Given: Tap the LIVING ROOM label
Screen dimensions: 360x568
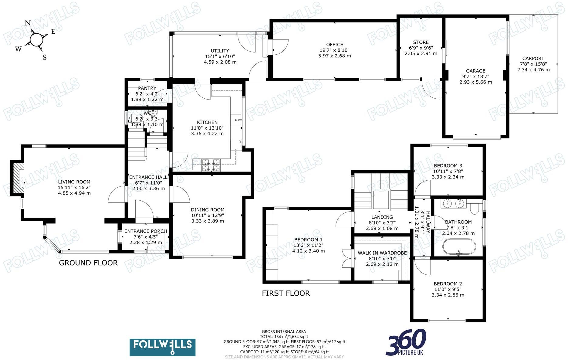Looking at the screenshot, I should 74,182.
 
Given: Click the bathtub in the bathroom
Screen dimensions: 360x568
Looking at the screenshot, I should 459,246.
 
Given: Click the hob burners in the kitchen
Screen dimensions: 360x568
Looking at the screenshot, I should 211,164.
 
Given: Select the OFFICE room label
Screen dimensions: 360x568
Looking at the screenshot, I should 335,45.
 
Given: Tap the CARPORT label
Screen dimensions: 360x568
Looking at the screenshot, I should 533,59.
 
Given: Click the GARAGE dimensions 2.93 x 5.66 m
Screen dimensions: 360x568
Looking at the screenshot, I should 475,82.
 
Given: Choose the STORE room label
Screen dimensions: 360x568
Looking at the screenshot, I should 421,42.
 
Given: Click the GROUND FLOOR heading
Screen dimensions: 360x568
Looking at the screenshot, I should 88,263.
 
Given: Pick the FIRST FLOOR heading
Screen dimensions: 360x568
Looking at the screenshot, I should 286,293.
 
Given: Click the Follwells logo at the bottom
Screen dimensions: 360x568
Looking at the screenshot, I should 162,347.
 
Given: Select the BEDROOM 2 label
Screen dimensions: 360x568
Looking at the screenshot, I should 448,284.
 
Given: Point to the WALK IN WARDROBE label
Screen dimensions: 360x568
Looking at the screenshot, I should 382,253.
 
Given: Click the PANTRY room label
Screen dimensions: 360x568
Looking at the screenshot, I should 147,88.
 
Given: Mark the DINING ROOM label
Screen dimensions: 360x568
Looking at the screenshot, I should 208,210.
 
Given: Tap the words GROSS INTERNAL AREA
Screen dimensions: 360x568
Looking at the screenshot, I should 284,331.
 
